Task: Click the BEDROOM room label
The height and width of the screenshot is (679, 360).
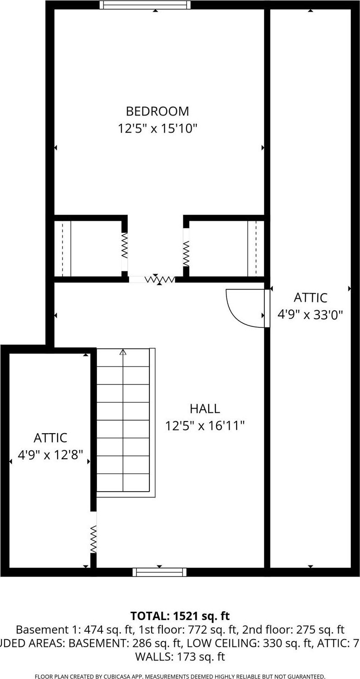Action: click(157, 111)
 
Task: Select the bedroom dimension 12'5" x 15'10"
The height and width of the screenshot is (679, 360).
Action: click(157, 128)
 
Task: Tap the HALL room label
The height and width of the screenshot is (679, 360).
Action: click(205, 409)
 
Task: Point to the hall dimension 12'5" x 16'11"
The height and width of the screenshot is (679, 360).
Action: click(205, 425)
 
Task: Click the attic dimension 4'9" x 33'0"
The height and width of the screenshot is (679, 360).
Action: click(310, 315)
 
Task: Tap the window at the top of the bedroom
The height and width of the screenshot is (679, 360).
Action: click(145, 5)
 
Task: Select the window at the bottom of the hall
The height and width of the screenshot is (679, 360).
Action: click(160, 572)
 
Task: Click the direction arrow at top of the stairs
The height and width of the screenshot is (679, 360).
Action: click(123, 352)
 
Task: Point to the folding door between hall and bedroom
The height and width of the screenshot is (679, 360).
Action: click(159, 279)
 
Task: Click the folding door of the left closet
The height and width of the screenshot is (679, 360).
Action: click(124, 245)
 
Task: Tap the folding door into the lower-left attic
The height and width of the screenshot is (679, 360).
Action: click(93, 538)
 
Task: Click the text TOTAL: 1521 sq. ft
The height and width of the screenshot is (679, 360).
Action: click(180, 616)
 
